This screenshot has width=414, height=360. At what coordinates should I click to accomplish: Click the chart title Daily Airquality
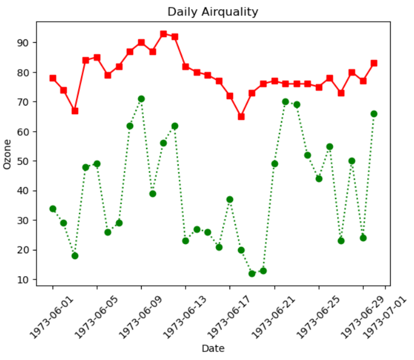212,12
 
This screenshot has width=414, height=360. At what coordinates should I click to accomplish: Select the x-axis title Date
212,348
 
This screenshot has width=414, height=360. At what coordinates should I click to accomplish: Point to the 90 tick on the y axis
25,43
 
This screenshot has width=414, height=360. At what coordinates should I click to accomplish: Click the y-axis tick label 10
25,280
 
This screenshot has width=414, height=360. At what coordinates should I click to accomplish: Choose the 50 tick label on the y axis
25,161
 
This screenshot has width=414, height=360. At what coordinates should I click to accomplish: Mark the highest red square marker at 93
163,34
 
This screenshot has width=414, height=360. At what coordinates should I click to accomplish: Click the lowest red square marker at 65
241,116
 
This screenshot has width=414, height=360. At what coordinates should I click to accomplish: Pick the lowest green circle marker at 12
252,273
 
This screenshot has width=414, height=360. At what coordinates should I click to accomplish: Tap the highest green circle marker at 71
141,99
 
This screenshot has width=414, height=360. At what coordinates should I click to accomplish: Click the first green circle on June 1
53,208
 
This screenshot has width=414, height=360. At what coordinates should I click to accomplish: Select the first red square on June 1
53,78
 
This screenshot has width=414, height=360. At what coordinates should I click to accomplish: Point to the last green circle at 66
374,114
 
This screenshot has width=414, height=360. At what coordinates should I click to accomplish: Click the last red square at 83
374,63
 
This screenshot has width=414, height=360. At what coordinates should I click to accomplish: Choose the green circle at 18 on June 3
75,256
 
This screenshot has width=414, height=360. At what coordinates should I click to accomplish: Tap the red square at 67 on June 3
75,111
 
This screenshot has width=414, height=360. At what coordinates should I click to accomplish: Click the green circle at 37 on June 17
230,200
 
